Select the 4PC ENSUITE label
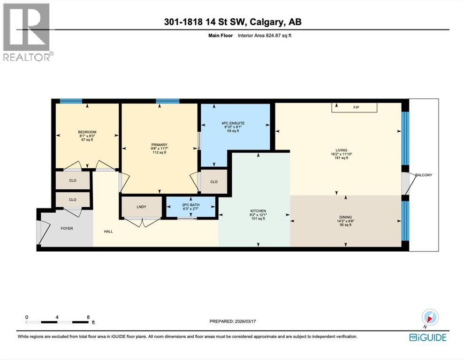click(233, 123)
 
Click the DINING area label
click(345, 217)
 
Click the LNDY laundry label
click(141, 206)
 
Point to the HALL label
click(109, 231)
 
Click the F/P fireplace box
click(355, 108)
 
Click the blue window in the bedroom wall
click(71, 101)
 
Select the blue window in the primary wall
click(167, 101)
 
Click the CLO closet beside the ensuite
click(214, 182)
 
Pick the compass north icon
click(430, 317)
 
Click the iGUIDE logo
click(427, 337)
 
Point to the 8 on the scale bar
click(88, 317)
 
